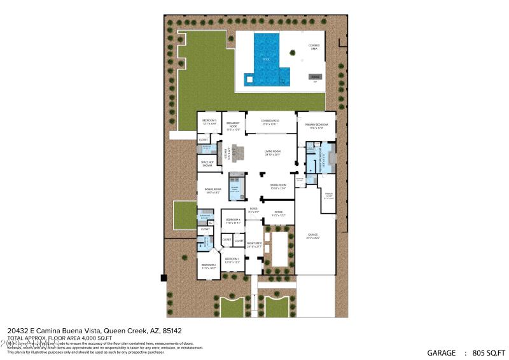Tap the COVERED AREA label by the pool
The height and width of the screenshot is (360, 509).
coord(314,46)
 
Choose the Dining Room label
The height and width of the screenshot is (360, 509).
coord(279,186)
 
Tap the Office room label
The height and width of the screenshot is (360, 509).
coord(278,214)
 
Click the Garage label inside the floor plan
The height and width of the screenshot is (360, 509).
coord(312,237)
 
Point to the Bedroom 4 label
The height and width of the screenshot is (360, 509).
coord(233,221)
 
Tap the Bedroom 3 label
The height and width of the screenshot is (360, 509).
coord(232,260)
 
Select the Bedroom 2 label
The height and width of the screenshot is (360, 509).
coord(209,267)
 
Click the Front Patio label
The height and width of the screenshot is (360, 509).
coord(254,245)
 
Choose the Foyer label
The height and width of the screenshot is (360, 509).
coord(253,209)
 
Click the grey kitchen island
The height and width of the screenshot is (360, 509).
coord(239,151)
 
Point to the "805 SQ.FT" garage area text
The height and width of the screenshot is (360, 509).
coord(485,352)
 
